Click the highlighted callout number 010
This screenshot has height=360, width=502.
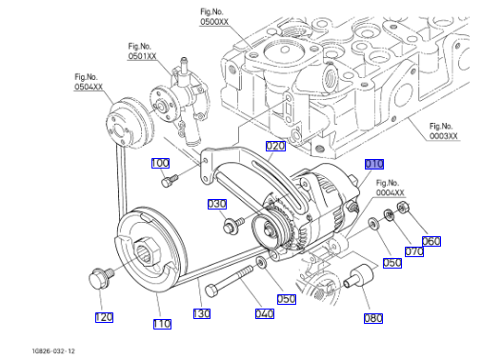point(374,164)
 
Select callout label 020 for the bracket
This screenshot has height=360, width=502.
point(275,147)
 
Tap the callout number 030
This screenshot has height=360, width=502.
point(217,204)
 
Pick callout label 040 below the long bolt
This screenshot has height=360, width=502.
point(265,313)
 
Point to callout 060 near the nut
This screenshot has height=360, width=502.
point(432,241)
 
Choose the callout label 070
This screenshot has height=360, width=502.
point(414,251)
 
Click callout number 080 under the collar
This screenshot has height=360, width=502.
point(373,318)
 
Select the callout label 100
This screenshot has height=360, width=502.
point(160,163)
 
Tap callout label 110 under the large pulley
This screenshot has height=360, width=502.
point(162,324)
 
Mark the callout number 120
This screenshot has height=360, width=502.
point(104,317)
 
